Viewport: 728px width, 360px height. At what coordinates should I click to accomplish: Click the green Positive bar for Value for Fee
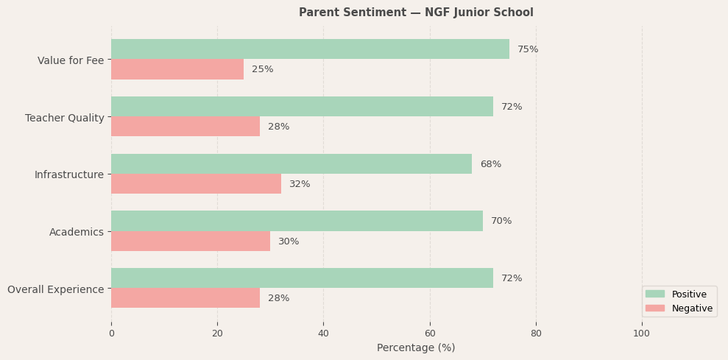310,49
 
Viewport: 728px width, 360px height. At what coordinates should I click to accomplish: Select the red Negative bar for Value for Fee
177,69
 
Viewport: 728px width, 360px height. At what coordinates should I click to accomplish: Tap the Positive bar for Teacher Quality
302,107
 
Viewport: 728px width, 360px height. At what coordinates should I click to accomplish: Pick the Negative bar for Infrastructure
196,184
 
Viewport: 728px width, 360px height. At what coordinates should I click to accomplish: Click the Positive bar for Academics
297,221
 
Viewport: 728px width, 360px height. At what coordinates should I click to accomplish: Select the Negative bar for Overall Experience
185,298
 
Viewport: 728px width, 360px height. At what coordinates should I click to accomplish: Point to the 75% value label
528,49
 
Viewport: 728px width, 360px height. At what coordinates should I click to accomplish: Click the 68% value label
490,164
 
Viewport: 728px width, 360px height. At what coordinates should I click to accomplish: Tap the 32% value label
300,184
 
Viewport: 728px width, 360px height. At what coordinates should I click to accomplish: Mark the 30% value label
289,241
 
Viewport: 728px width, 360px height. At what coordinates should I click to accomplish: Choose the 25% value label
263,69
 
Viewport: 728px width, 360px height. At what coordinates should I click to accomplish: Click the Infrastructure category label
69,174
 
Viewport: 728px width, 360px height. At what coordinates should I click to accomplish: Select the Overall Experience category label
56,289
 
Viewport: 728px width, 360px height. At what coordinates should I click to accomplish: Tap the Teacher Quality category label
65,118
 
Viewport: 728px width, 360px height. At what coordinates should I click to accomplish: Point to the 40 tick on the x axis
323,333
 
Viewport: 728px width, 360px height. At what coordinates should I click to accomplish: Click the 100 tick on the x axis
642,333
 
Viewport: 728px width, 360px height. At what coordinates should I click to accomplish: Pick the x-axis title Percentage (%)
416,347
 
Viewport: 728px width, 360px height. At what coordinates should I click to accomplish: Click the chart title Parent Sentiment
416,13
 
